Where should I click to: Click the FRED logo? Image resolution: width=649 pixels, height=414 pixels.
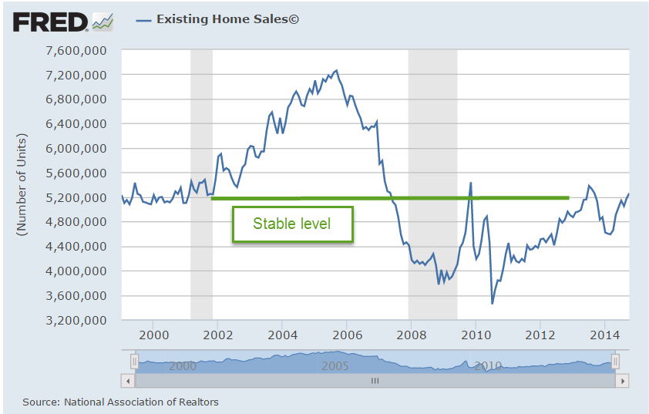[51, 21]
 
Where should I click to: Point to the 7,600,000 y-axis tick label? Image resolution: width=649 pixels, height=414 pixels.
[76, 51]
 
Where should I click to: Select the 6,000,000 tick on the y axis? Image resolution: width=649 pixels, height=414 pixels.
[76, 149]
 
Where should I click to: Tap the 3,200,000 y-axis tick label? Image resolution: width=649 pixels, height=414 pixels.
[76, 321]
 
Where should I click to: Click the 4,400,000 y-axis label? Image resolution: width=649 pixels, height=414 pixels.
[76, 247]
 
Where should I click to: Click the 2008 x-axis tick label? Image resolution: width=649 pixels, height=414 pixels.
[410, 336]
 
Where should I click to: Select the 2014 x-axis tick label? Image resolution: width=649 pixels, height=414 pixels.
[604, 336]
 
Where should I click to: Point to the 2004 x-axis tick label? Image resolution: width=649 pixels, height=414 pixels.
[281, 336]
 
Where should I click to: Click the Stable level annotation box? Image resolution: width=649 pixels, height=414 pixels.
[292, 224]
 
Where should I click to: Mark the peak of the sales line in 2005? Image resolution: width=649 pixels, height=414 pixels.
[336, 70]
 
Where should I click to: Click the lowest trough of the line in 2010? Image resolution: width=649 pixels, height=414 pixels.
[492, 303]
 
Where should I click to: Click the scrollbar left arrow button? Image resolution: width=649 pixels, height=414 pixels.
[127, 380]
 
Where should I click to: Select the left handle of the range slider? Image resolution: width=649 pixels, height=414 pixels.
[134, 361]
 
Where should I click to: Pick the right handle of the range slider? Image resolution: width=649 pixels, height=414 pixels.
[615, 361]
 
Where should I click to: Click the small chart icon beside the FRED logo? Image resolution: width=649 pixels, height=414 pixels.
[103, 22]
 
